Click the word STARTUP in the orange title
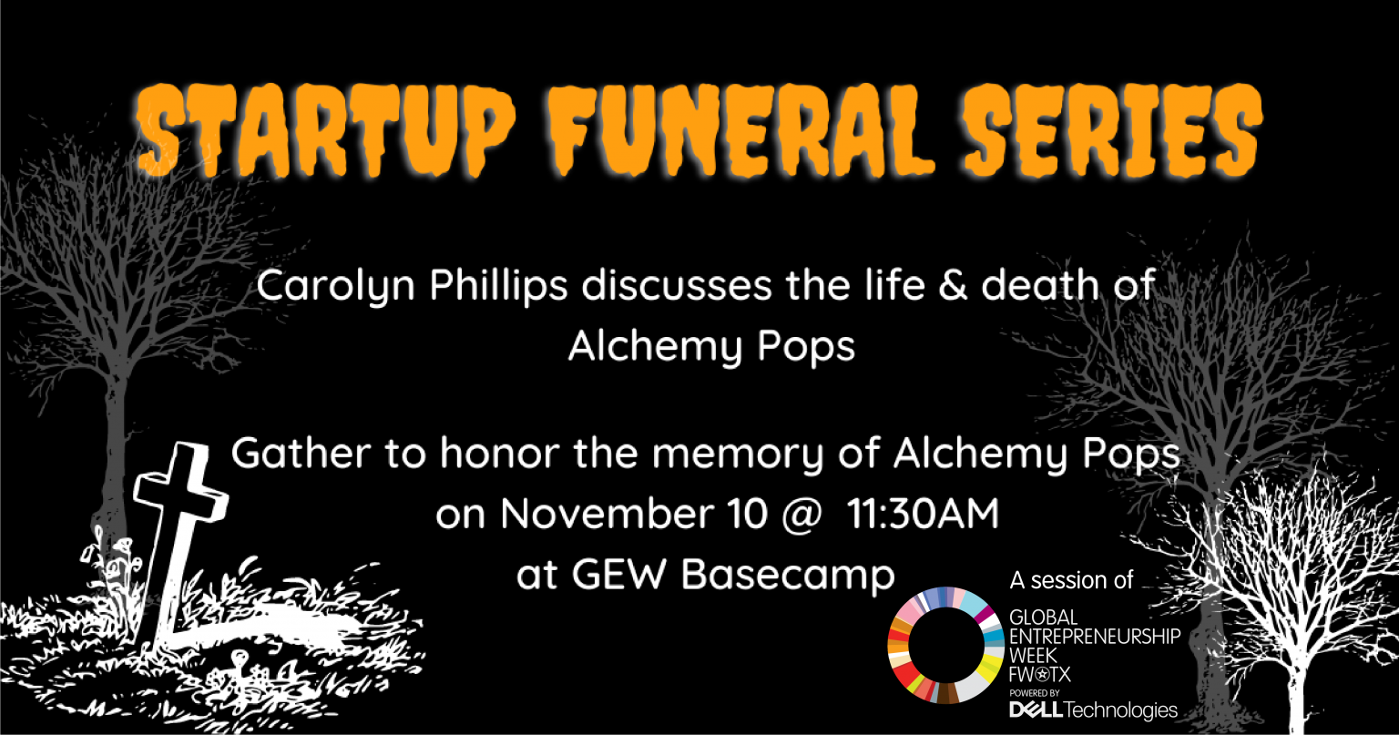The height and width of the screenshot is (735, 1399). point(325,130)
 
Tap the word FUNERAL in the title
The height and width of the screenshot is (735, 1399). point(741,130)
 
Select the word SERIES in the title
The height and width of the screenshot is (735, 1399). point(1112,130)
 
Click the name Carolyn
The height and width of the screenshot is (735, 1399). point(336,287)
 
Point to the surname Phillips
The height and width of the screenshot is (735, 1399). point(498,287)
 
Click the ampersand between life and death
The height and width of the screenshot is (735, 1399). point(953,285)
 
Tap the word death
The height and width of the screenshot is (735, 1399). point(1039,285)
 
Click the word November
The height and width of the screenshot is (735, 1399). point(608,514)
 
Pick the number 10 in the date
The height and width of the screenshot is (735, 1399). point(748,514)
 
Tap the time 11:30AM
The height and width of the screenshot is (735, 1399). point(923,514)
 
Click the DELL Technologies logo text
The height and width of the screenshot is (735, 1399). point(1093,710)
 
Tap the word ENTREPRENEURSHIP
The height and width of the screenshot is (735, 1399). point(1095,637)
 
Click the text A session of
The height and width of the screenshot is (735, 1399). point(1071,580)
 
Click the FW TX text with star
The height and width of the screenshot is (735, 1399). point(1040,674)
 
